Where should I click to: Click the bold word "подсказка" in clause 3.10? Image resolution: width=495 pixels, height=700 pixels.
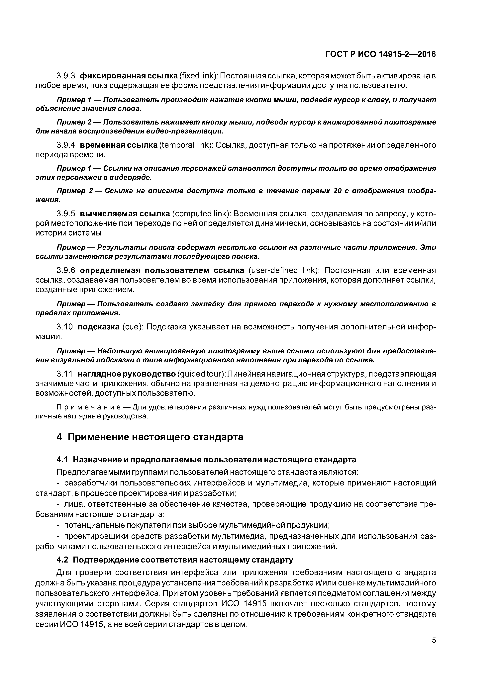coord(99,327)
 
